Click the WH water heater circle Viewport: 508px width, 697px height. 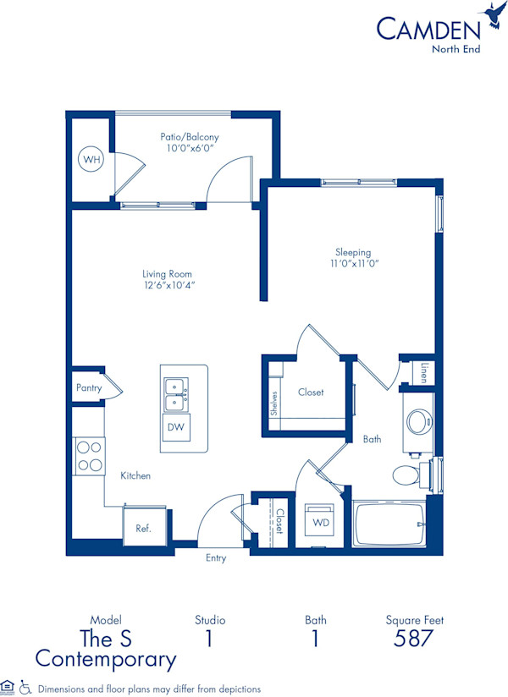coord(90,158)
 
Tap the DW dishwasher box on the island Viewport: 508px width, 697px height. coord(175,428)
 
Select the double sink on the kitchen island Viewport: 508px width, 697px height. coord(176,393)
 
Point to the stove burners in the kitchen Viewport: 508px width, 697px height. coord(89,455)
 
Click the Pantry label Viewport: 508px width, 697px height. coord(88,388)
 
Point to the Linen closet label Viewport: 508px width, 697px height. coord(423,372)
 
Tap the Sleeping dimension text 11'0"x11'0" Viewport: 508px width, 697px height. coord(354,264)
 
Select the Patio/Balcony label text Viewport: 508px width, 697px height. coord(190,136)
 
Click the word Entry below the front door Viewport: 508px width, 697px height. coord(216,558)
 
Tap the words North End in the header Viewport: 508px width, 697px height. coord(456,48)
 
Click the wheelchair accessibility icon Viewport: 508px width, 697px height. coord(25,688)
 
